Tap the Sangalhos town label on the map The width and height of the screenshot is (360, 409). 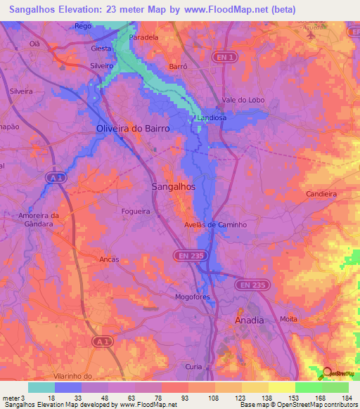[174, 187]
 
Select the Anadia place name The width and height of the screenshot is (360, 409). [248, 320]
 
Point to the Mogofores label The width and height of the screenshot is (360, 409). [193, 297]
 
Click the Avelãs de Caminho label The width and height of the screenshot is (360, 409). [214, 225]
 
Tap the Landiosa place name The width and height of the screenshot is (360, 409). [212, 118]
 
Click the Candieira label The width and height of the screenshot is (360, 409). [322, 193]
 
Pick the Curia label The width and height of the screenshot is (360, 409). [194, 367]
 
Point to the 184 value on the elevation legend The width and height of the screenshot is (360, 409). [344, 398]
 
